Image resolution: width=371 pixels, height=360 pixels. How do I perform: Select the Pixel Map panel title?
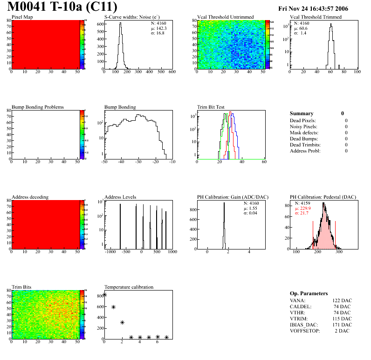[x=22, y=17]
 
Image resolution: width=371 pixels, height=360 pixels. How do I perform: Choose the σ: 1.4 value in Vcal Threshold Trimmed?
[x=300, y=33]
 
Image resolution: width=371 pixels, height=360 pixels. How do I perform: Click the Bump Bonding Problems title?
[x=38, y=107]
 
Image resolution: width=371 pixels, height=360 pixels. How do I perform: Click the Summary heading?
[x=302, y=113]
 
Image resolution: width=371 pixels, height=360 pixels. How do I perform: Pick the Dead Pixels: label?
[x=303, y=120]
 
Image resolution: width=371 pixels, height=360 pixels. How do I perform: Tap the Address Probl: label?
[x=305, y=151]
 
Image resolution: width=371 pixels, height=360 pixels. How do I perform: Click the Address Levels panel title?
[x=120, y=197]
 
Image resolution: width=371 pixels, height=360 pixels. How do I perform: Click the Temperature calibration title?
[x=129, y=287]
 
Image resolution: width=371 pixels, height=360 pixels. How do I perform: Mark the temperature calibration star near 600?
[x=113, y=307]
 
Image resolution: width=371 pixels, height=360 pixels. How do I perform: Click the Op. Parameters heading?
[x=309, y=293]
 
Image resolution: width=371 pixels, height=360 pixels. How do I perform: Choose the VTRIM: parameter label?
[x=298, y=318]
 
